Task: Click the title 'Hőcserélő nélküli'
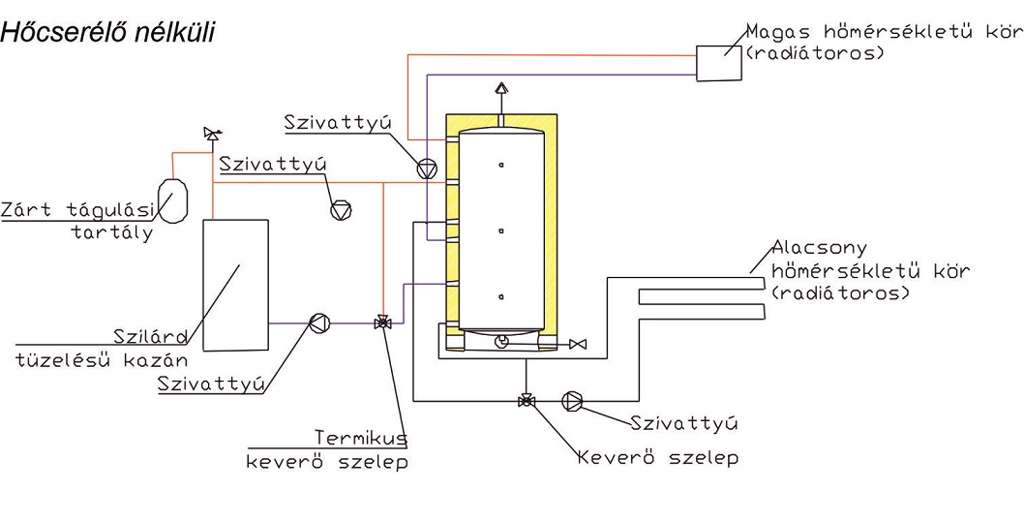pos(106,33)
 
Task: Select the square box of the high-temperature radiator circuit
pos(717,62)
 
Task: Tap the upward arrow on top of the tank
pos(501,88)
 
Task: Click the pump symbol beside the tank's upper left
pos(427,168)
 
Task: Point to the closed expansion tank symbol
pos(173,198)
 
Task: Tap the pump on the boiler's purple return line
pos(318,323)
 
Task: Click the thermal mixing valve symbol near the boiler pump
pos(382,323)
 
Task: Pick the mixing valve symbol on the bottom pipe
pos(526,400)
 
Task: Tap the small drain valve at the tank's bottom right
pos(578,344)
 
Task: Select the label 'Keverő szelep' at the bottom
pos(657,456)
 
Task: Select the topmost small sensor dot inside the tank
pos(501,166)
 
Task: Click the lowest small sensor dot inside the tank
pos(501,296)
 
